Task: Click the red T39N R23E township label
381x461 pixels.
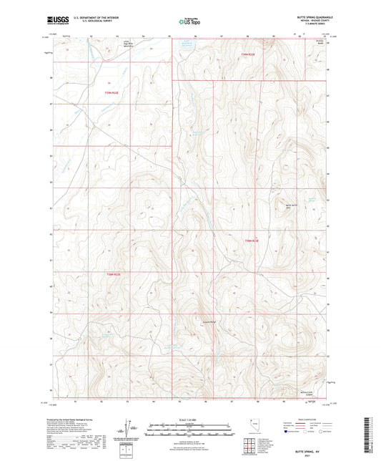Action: coord(247,54)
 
